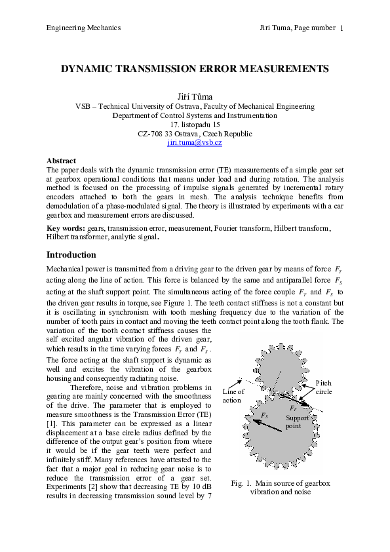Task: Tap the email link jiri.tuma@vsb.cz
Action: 195,142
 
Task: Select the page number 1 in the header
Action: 342,28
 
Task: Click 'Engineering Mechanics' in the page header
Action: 83,28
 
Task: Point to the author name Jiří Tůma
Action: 195,96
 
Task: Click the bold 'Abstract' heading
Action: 61,161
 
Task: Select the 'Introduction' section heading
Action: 71,254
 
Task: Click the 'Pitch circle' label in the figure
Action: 324,387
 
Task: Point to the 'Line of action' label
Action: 233,396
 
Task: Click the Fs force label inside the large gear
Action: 264,416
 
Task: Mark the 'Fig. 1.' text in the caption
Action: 242,483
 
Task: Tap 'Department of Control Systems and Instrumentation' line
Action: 195,115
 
